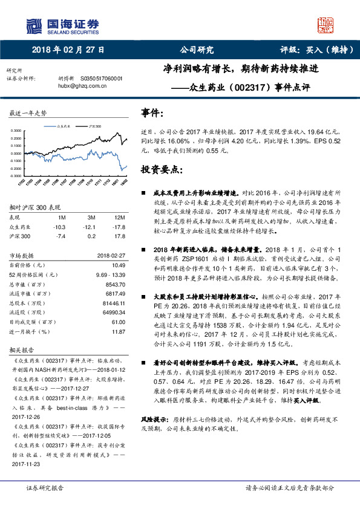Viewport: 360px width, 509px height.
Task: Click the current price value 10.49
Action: (x=119, y=265)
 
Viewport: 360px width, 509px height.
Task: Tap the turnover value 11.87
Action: (x=119, y=331)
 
